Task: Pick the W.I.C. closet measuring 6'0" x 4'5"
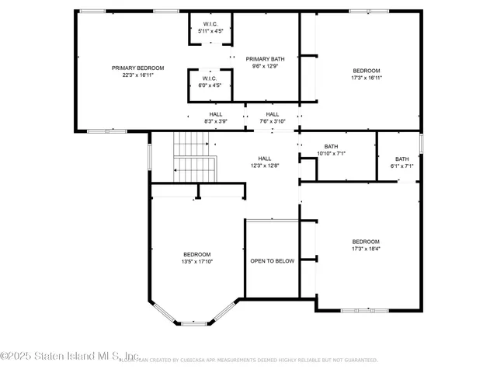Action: [209, 82]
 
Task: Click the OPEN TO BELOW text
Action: [272, 261]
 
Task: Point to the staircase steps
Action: [193, 155]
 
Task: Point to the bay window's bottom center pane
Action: [194, 322]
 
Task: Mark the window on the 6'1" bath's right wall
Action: [422, 144]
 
